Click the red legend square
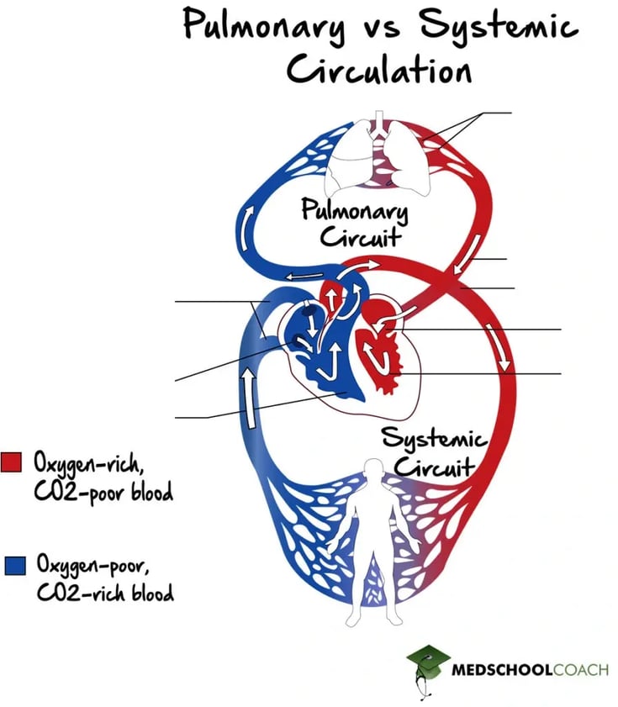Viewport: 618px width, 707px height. (x=12, y=462)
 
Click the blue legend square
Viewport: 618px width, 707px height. (x=13, y=564)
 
